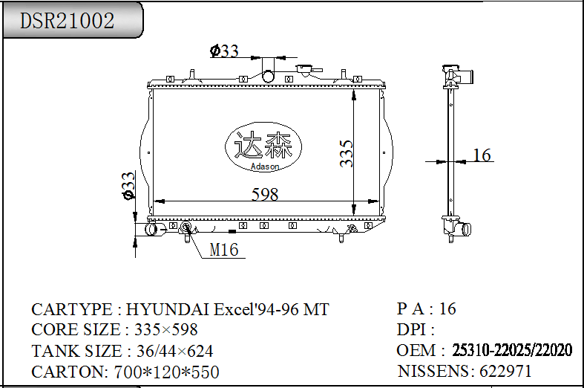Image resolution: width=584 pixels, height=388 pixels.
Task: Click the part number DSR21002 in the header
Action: click(67, 21)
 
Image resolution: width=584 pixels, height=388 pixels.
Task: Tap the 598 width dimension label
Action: click(265, 195)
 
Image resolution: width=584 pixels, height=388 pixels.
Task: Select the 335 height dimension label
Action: click(346, 153)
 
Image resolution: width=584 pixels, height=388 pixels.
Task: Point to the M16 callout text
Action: click(224, 250)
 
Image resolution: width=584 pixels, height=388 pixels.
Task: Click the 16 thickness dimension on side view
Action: click(482, 155)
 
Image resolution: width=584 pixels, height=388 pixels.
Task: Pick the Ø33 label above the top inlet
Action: click(224, 51)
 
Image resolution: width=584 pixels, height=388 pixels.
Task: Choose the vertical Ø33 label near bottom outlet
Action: click(128, 186)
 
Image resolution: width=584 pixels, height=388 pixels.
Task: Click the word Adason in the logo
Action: click(265, 166)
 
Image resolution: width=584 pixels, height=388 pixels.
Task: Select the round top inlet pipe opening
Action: click(268, 76)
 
